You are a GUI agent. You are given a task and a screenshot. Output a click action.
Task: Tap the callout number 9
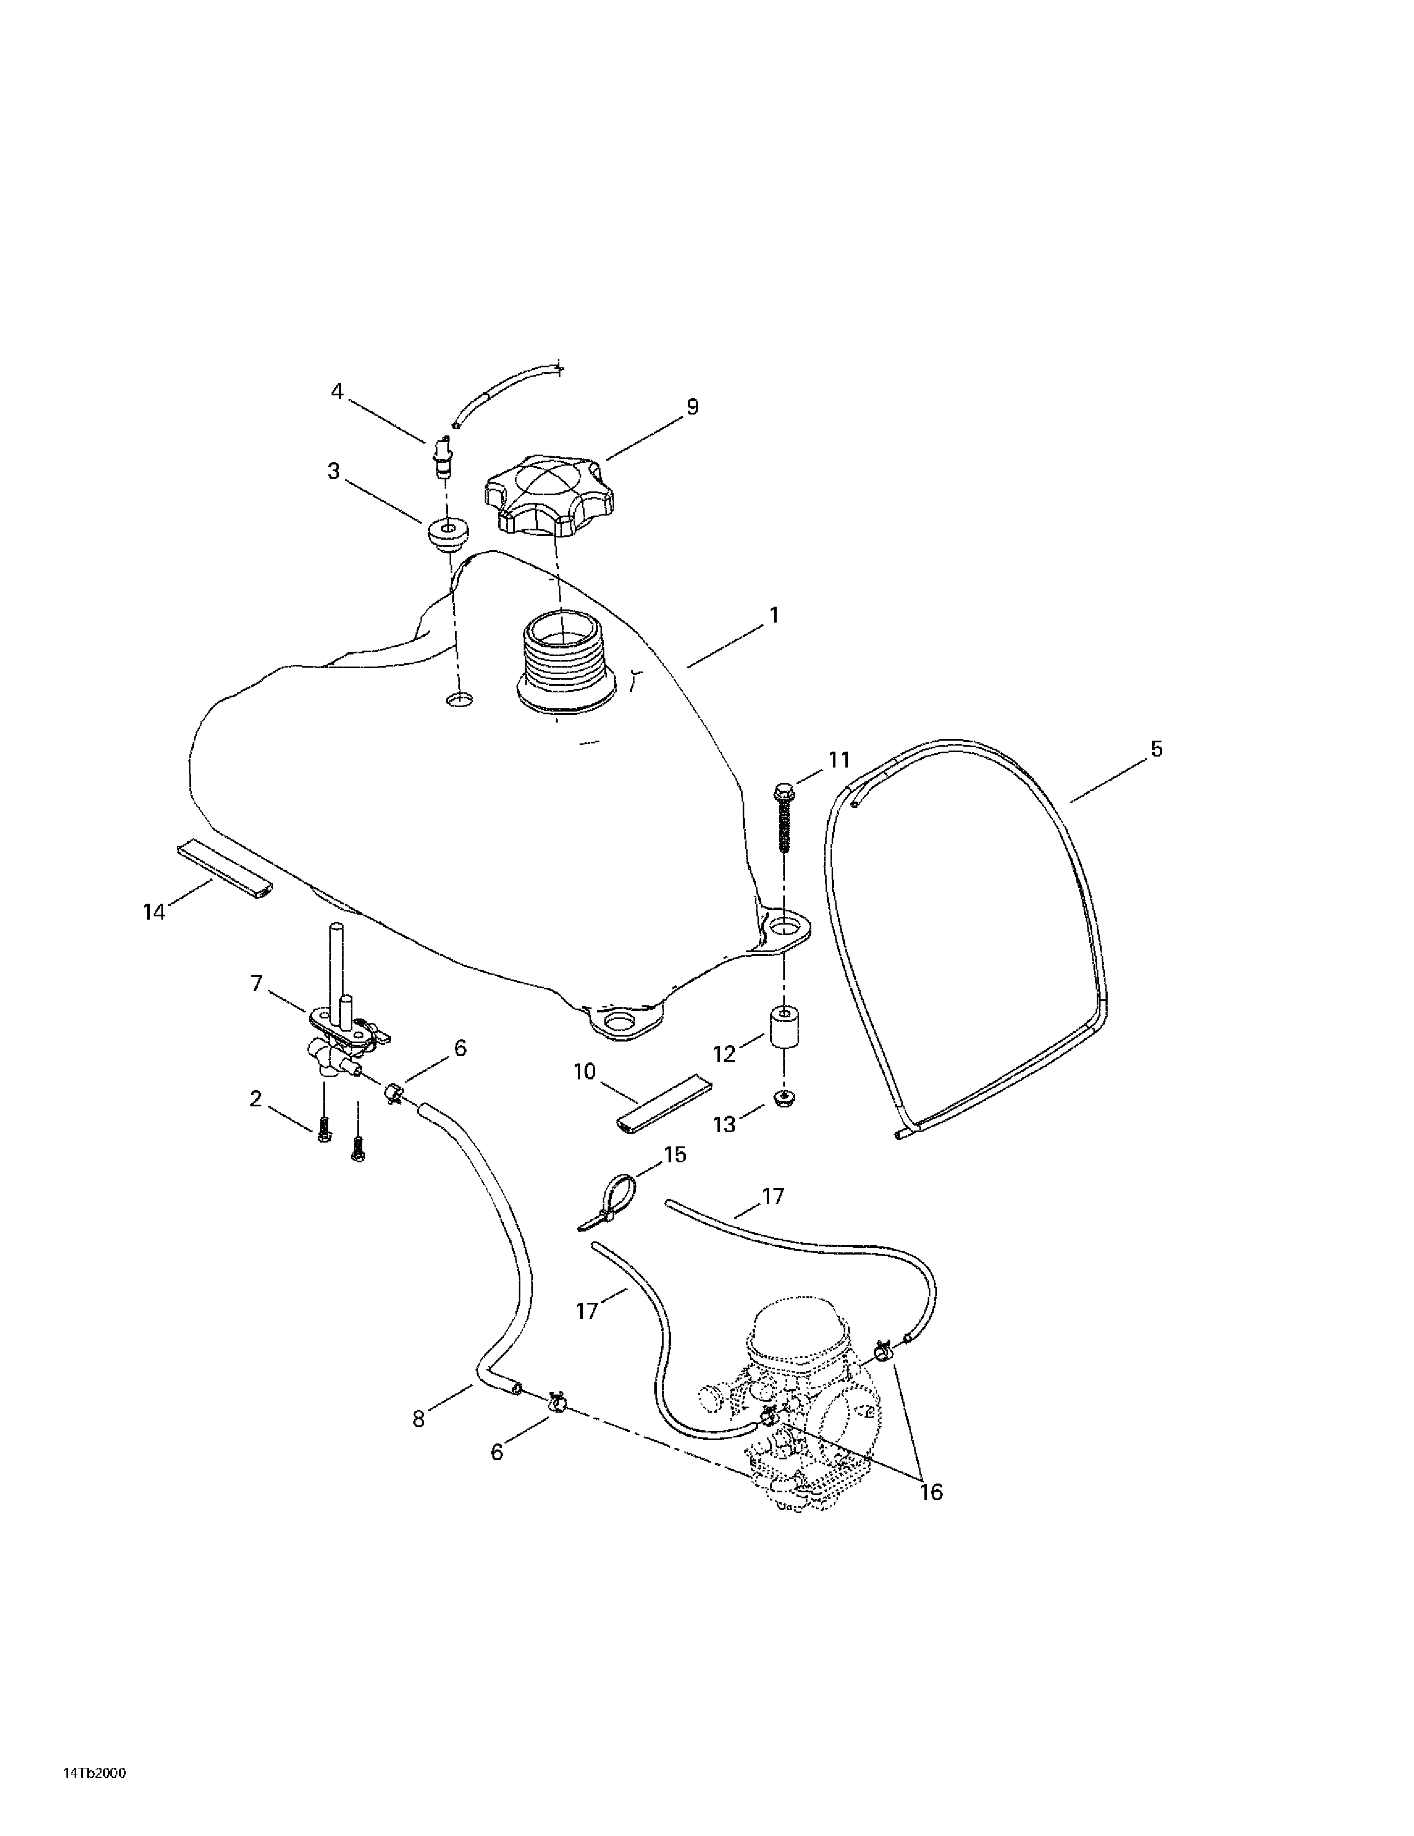pyautogui.click(x=692, y=407)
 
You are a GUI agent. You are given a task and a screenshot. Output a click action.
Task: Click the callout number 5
pyautogui.click(x=1156, y=748)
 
